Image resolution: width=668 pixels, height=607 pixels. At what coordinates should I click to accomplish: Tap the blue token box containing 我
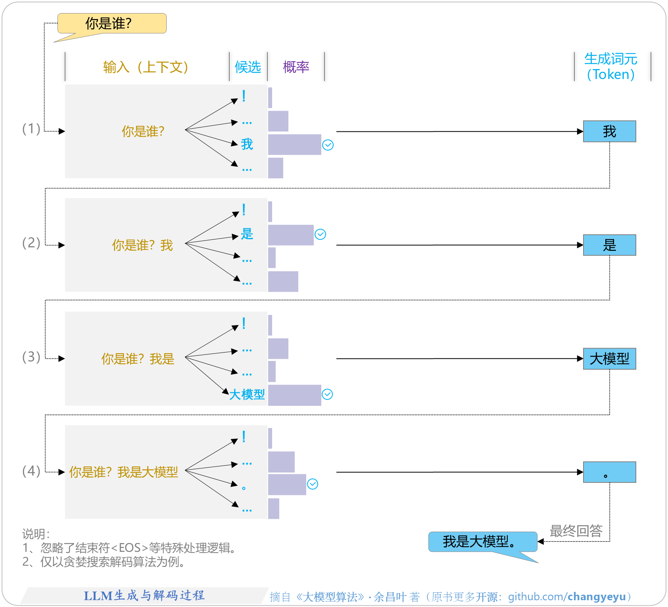[609, 131]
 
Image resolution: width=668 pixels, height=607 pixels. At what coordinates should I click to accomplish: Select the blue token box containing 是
[609, 245]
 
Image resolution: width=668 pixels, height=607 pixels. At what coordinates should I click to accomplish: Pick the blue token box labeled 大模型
[609, 359]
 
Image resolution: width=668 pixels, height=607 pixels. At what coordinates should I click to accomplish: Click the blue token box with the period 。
[609, 472]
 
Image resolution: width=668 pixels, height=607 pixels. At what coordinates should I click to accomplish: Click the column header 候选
[248, 67]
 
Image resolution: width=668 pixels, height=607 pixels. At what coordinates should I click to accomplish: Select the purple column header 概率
[296, 67]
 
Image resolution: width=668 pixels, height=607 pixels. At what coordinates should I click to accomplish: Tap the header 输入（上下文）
[146, 67]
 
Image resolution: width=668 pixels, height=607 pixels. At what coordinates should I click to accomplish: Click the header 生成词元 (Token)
[611, 67]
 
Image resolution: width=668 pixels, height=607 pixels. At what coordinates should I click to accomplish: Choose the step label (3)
[31, 357]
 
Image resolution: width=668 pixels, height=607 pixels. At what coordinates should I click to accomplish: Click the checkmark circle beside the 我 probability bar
[328, 145]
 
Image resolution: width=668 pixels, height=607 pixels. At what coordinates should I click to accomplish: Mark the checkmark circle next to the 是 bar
[320, 235]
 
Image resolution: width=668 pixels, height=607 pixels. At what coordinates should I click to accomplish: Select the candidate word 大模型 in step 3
[247, 395]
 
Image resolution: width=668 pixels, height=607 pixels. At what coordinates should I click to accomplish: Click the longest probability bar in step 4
[287, 484]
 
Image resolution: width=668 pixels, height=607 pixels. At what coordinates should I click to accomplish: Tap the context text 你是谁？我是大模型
[123, 472]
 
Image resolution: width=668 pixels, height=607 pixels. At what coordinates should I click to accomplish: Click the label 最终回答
[576, 531]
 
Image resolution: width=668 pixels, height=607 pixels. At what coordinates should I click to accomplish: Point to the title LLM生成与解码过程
[144, 595]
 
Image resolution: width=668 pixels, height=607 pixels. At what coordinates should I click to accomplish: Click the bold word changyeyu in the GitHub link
[597, 597]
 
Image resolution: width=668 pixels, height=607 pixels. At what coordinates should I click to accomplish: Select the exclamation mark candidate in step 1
[244, 96]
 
